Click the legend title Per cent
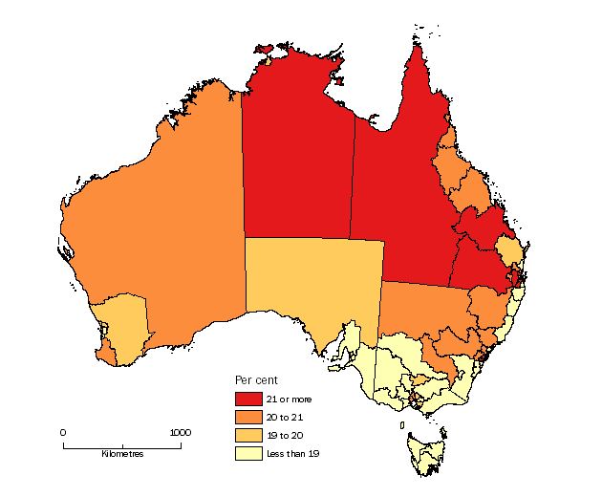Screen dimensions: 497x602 (x=255, y=380)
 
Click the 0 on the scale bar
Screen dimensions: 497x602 (x=64, y=432)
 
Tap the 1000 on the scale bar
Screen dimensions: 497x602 (x=180, y=432)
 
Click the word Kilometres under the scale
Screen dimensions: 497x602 (x=122, y=454)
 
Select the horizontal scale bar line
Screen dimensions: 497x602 (x=121, y=443)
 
